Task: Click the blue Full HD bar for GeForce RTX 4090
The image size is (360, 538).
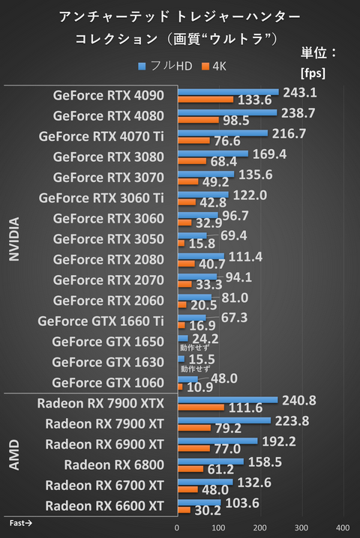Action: [x=228, y=92]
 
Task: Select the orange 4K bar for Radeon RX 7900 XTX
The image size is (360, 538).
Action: [x=201, y=407]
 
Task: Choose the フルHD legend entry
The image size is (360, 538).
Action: [x=166, y=67]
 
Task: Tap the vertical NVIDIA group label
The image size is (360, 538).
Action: [x=14, y=240]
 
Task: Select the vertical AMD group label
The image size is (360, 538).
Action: [x=14, y=454]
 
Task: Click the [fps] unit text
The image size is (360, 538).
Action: [x=312, y=73]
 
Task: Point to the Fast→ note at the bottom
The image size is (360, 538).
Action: [x=21, y=521]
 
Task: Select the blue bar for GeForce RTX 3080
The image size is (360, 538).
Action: [x=213, y=154]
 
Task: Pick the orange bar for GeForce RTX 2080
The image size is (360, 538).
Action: [x=186, y=263]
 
